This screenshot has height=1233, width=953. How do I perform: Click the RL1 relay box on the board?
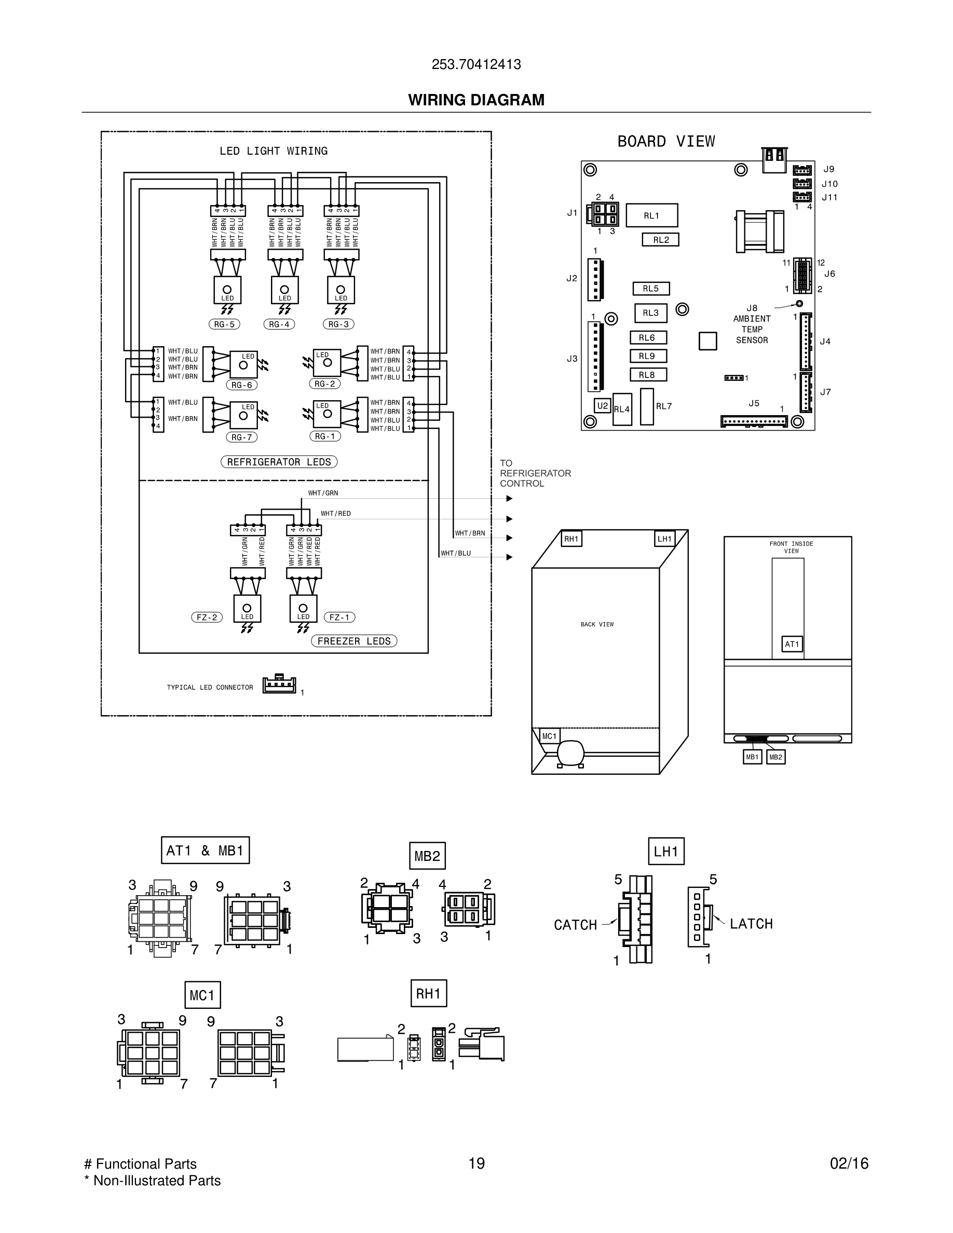pyautogui.click(x=651, y=215)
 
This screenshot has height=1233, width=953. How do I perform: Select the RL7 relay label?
pyautogui.click(x=664, y=406)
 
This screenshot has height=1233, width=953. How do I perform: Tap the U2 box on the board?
pyautogui.click(x=603, y=405)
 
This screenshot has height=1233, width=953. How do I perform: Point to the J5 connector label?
pyautogui.click(x=754, y=403)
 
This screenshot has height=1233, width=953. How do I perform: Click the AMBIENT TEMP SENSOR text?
pyautogui.click(x=752, y=329)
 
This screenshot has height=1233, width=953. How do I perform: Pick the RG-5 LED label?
pyautogui.click(x=224, y=324)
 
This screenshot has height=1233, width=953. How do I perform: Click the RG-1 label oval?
pyautogui.click(x=324, y=436)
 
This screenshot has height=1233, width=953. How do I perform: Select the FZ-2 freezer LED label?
pyautogui.click(x=207, y=617)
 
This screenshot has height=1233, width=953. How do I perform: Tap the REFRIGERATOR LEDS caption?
pyautogui.click(x=279, y=462)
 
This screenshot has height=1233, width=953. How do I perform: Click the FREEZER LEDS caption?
pyautogui.click(x=354, y=641)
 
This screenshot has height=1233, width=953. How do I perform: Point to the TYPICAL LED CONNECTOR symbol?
pyautogui.click(x=279, y=684)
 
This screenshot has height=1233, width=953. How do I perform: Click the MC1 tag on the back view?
pyautogui.click(x=549, y=736)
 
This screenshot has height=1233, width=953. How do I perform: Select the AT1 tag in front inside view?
pyautogui.click(x=792, y=644)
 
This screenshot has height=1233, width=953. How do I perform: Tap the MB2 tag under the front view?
pyautogui.click(x=775, y=757)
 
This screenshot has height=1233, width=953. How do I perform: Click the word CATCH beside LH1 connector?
pyautogui.click(x=575, y=925)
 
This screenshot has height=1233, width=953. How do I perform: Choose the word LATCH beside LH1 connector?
pyautogui.click(x=751, y=924)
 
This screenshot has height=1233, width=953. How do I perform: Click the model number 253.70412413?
pyautogui.click(x=476, y=64)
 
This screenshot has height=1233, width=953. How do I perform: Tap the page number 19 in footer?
pyautogui.click(x=476, y=1163)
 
